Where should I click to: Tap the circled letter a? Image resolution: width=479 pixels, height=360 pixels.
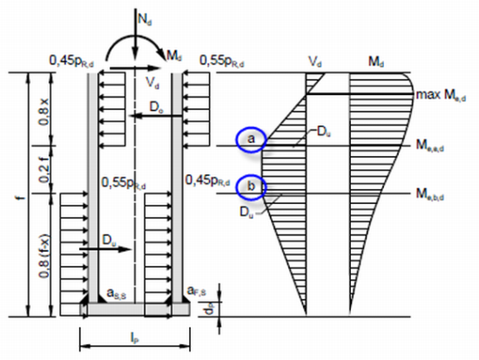click(x=251, y=138)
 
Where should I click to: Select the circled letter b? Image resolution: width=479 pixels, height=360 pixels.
click(x=251, y=186)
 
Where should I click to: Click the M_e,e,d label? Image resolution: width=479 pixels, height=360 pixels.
click(x=442, y=146)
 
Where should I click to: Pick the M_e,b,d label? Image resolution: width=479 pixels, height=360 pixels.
click(x=442, y=194)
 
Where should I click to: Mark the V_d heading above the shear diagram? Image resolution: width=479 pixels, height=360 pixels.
click(x=316, y=63)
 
